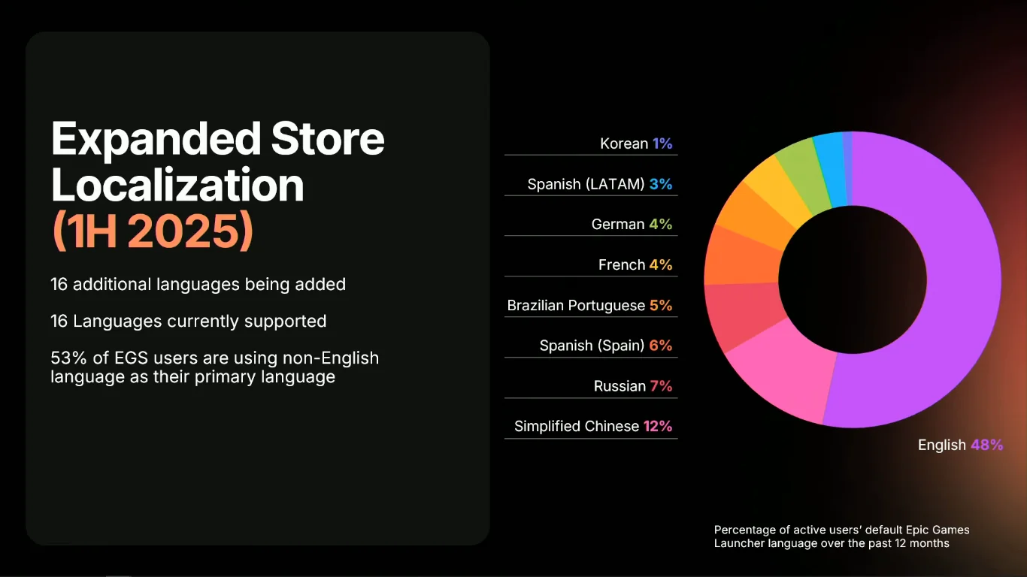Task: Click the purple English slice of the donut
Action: (953, 293)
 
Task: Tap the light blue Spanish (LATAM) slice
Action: (831, 170)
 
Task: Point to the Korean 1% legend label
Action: (636, 143)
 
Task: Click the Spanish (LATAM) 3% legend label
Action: (600, 184)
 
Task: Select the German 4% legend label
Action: (632, 224)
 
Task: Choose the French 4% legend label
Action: (635, 264)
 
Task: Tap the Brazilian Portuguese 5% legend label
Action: (589, 305)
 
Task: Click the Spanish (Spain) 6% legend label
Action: (606, 346)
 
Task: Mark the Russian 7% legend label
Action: (633, 386)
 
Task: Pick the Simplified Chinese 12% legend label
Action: (592, 426)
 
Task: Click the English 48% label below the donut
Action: (960, 445)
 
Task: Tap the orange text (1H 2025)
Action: (153, 231)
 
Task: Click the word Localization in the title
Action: (177, 184)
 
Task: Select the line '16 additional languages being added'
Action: (198, 284)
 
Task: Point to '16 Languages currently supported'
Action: (189, 321)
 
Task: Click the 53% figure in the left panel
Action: (68, 358)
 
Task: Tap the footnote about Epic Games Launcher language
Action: (841, 536)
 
